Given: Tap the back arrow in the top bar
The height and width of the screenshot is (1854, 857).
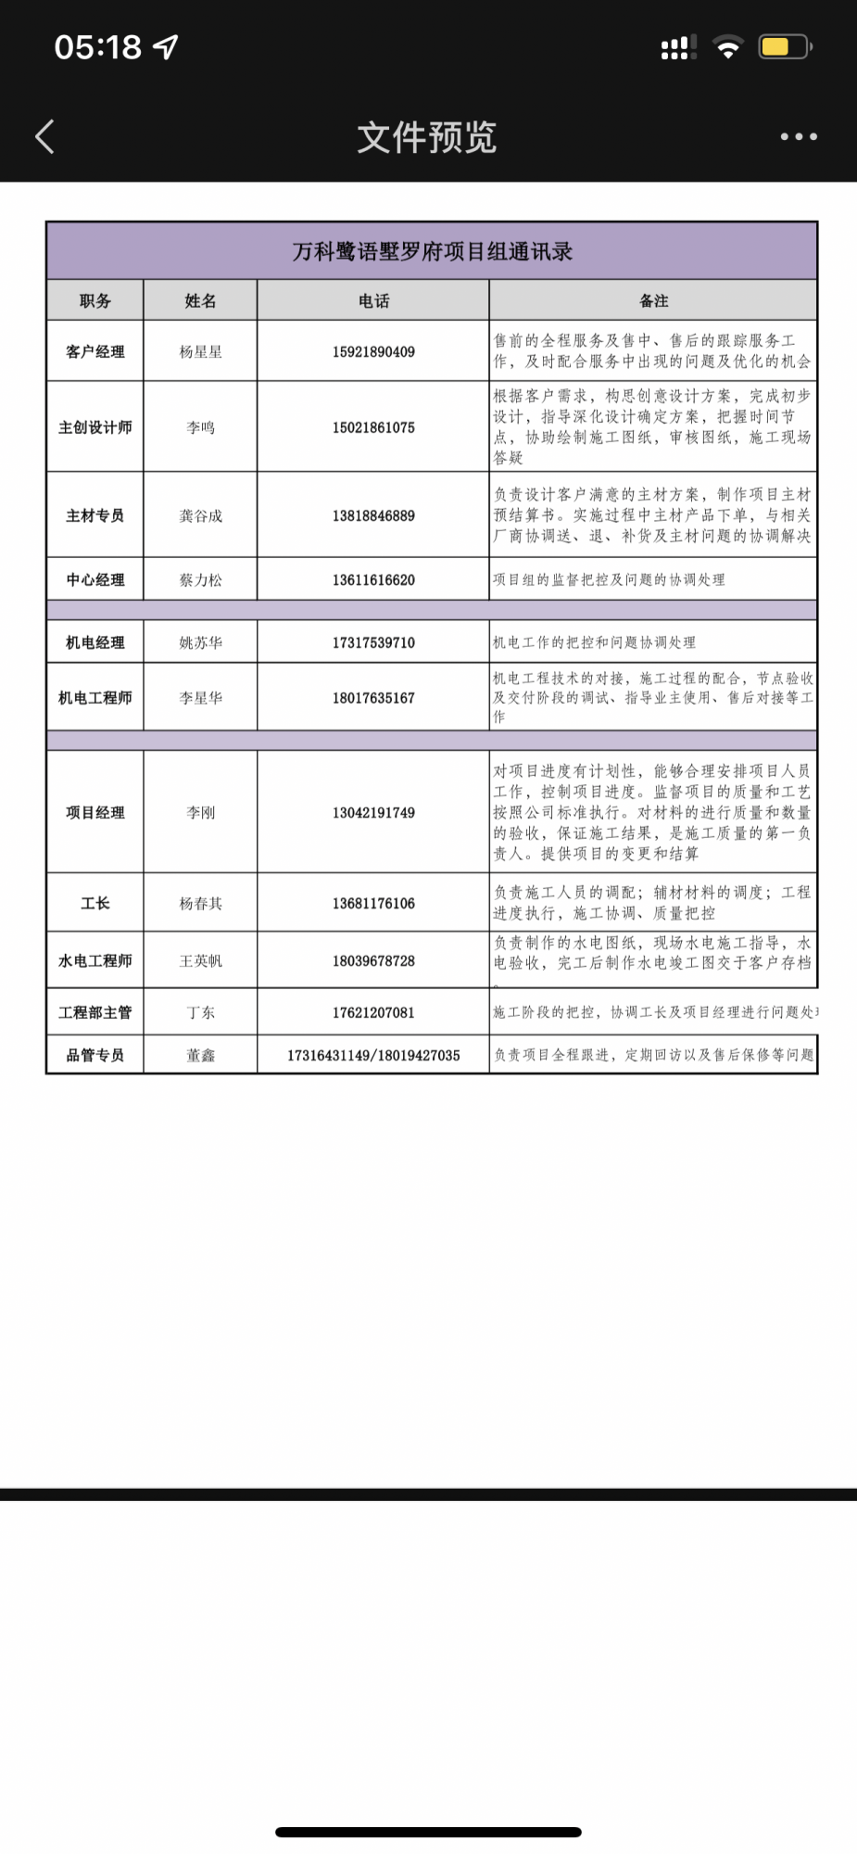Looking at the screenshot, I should [44, 136].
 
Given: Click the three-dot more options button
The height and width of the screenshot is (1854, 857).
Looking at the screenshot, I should [798, 136].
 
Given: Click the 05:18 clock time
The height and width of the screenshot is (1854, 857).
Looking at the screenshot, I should [97, 46].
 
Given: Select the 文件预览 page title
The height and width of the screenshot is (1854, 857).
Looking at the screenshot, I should [427, 137].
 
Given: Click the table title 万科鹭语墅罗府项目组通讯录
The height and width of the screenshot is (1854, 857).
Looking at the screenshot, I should [432, 251].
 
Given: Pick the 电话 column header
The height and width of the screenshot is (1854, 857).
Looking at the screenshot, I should [373, 300].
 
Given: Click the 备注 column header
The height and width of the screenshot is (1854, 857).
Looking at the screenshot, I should [653, 300].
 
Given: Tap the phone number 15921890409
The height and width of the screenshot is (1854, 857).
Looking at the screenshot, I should [373, 351].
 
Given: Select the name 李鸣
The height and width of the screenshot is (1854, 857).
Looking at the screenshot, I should [200, 427].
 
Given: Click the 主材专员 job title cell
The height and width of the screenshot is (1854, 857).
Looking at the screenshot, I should [95, 515].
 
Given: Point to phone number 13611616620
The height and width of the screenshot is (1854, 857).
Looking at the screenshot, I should [373, 579].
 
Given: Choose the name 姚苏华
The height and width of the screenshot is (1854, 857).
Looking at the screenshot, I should [200, 642].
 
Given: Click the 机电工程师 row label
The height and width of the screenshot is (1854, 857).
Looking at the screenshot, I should [95, 697].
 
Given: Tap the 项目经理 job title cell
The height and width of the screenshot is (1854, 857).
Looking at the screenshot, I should [95, 812].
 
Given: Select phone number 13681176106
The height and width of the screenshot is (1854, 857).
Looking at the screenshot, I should [373, 903].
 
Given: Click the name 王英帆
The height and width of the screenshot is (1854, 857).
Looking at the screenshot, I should [200, 960].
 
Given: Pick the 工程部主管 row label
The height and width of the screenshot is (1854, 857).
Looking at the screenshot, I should [95, 1012].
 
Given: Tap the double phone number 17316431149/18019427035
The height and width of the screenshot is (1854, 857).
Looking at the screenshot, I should [373, 1055].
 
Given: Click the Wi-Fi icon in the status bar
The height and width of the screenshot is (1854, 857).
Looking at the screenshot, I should [728, 46].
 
